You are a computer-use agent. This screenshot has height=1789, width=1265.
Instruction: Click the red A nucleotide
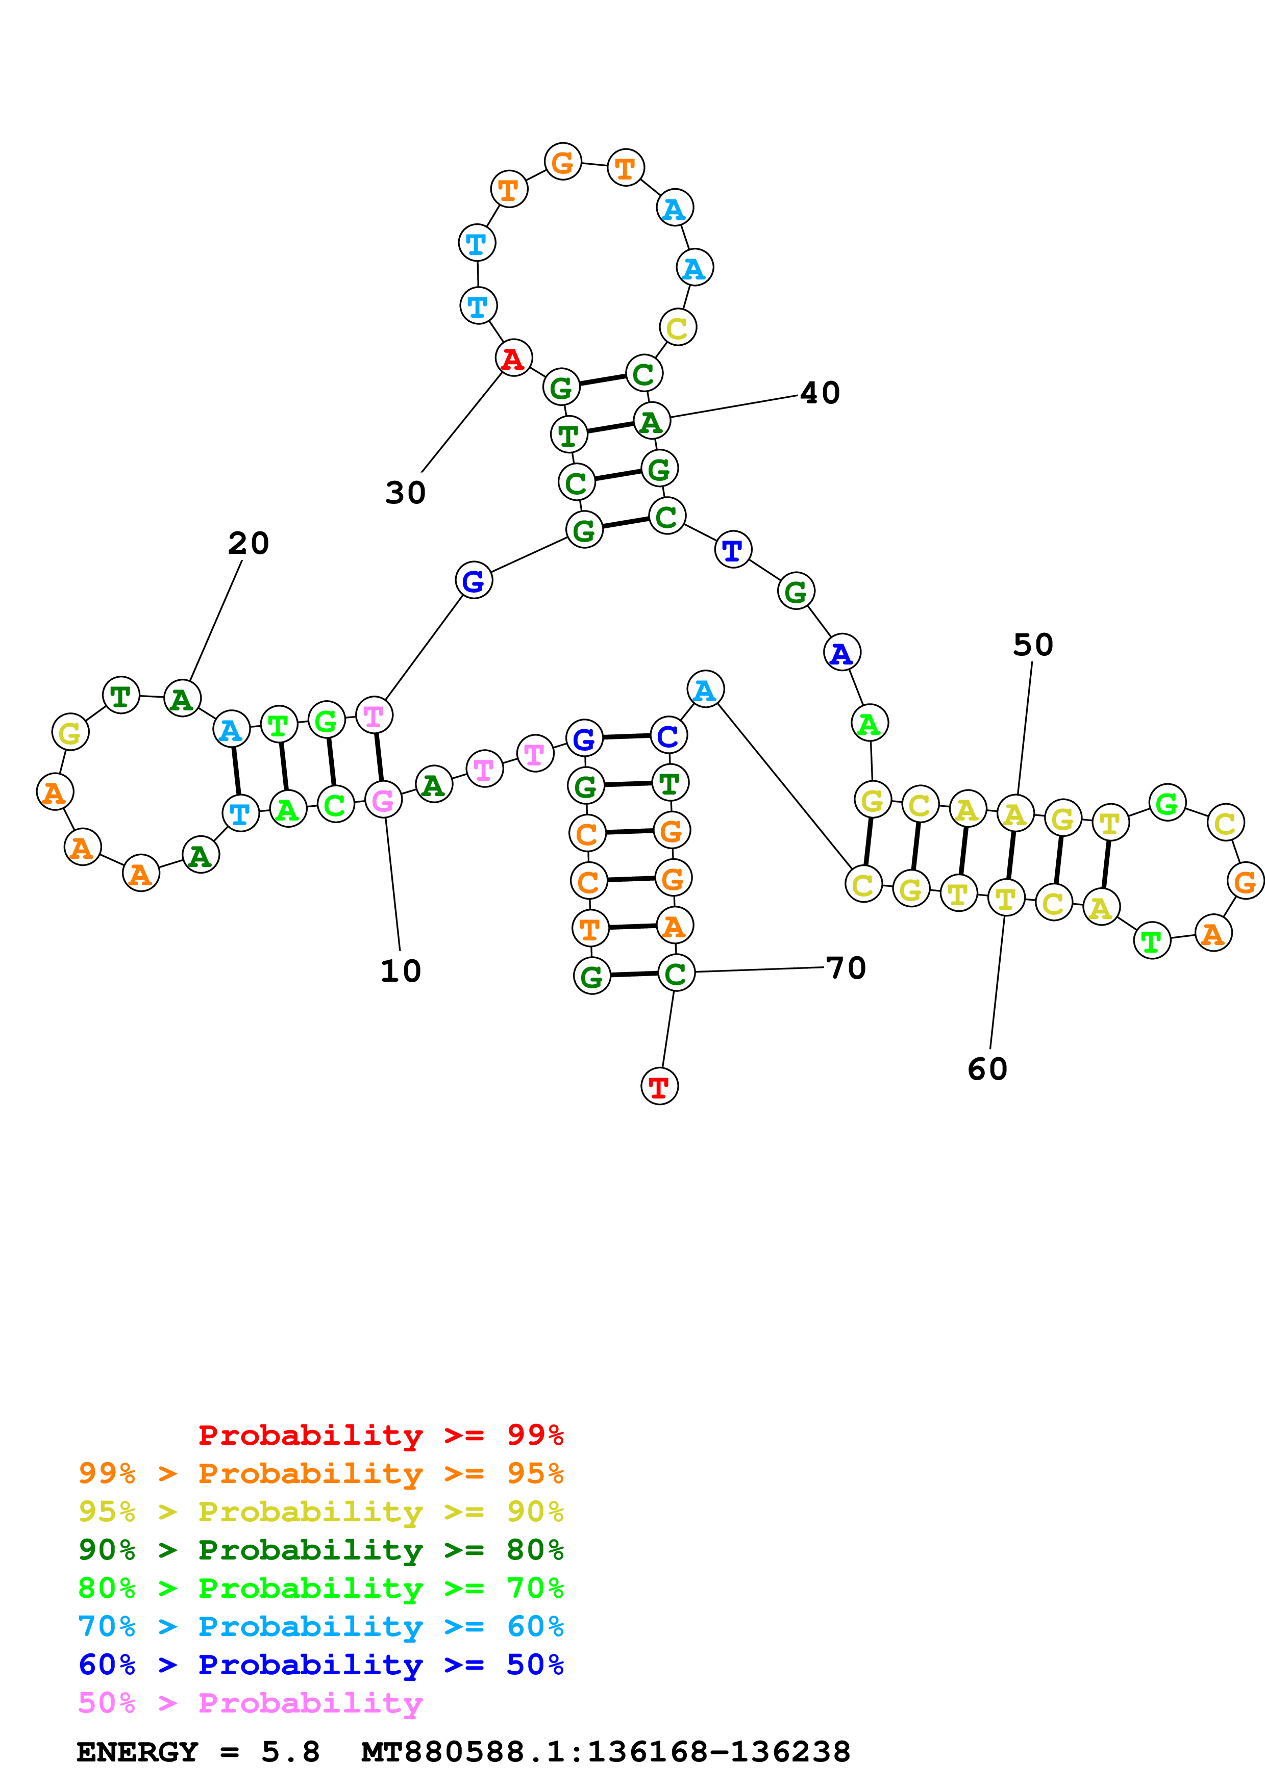tap(513, 359)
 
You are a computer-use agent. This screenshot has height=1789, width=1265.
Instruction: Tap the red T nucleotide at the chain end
tap(659, 1086)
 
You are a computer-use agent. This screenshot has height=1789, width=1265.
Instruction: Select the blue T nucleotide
tap(733, 550)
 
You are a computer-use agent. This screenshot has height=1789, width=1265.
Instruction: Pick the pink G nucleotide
tap(383, 800)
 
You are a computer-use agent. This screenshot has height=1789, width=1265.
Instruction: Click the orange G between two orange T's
tap(563, 162)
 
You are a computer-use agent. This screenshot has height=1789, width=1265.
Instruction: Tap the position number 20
tap(249, 543)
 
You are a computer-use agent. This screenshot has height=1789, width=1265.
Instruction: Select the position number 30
tap(405, 493)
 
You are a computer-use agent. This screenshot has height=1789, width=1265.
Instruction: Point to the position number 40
tap(820, 393)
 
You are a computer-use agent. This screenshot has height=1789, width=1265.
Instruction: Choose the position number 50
tap(1033, 645)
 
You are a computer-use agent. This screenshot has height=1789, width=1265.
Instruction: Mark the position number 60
tap(987, 1069)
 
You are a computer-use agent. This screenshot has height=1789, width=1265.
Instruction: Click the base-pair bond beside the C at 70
tap(633, 974)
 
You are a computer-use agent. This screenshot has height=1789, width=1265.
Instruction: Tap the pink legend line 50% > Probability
tap(250, 1702)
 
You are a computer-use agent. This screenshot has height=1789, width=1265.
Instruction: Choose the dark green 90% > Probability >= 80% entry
tap(320, 1550)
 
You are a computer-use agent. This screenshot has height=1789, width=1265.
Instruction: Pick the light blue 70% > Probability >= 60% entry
tap(320, 1626)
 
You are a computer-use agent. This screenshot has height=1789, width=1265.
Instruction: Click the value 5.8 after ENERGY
tap(290, 1752)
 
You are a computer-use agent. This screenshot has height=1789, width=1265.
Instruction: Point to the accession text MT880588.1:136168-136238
tap(605, 1752)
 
